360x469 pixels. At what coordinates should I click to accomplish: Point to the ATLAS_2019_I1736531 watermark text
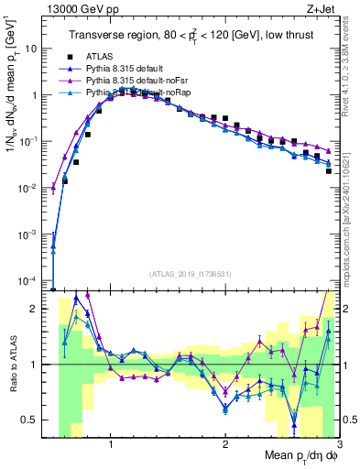(x=191, y=274)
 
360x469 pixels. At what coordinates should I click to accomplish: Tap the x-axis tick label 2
(x=225, y=445)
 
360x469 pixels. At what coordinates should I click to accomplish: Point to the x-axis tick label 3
(x=338, y=445)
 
